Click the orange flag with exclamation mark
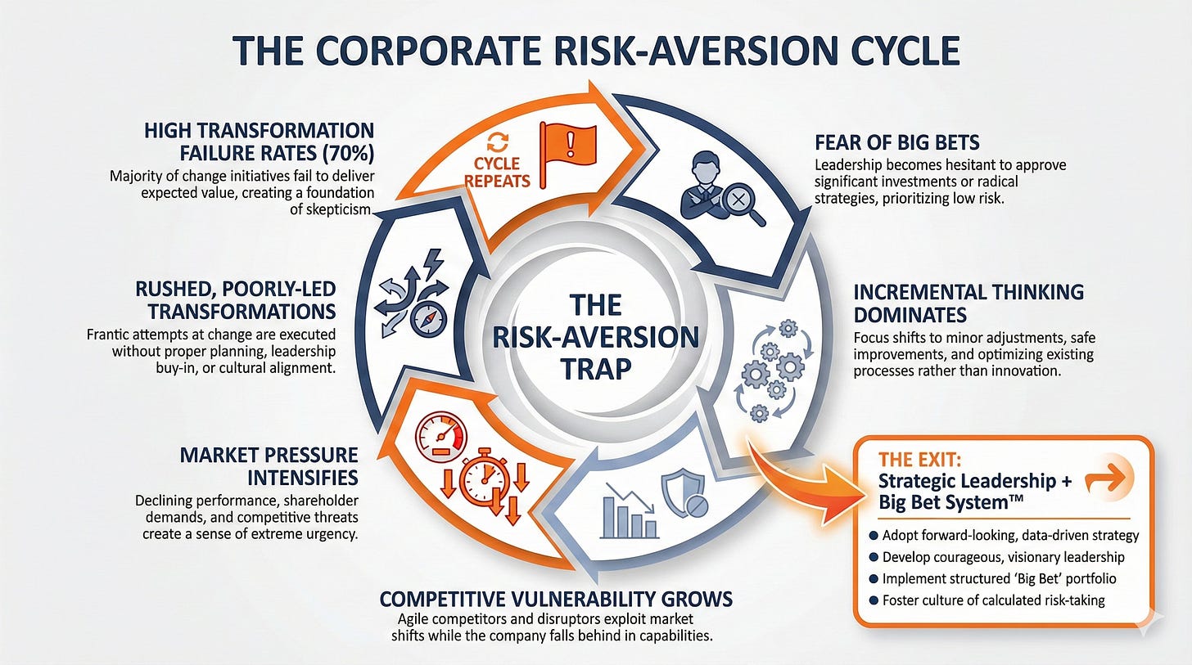coord(568,155)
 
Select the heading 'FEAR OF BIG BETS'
coord(897,142)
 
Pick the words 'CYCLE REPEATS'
coord(497,172)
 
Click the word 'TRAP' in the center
coord(596,369)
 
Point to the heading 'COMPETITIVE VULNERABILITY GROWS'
coord(556,599)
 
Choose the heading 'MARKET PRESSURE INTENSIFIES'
coord(269,466)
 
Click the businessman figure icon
coord(702,185)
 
